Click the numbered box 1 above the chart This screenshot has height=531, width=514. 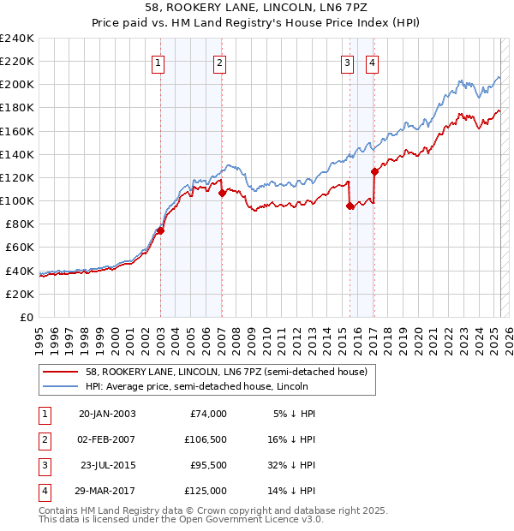pos(159,62)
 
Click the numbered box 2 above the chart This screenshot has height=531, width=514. pos(220,62)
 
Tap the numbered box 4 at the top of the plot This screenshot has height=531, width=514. pos(373,62)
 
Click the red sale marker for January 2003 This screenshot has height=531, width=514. pos(160,230)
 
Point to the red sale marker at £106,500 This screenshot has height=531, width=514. pos(222,193)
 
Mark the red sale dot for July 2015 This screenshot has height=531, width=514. pos(350,206)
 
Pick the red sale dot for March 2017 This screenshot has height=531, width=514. pos(375,171)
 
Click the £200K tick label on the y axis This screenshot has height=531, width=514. pos(17,85)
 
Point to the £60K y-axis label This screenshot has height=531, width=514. pos(20,247)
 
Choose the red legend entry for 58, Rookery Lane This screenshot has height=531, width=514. pos(226,372)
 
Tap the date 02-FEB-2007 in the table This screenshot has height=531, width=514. pos(107,440)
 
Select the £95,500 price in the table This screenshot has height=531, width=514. pos(207,465)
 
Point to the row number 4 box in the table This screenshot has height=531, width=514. pos(43,491)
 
